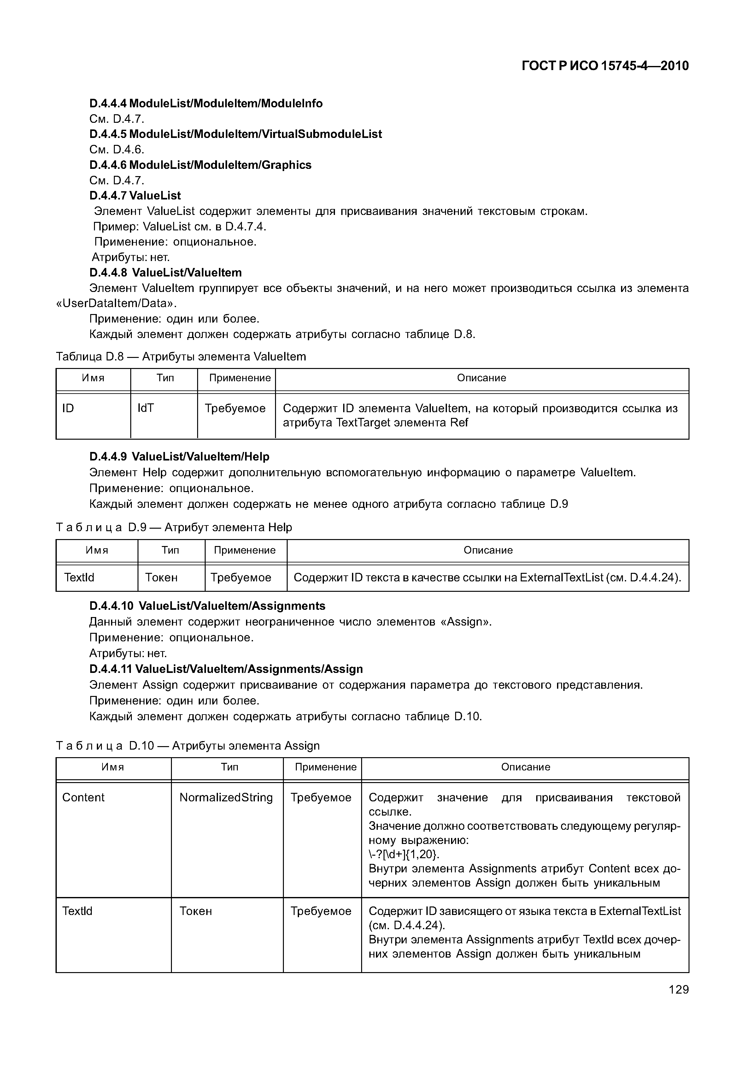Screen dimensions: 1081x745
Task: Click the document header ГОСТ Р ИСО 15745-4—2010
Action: pyautogui.click(x=605, y=66)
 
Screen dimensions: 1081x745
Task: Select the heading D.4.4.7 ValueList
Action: pyautogui.click(x=135, y=195)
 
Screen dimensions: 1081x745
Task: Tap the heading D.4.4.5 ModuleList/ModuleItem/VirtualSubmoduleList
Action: pyautogui.click(x=235, y=134)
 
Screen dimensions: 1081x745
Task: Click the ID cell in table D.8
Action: pyautogui.click(x=68, y=408)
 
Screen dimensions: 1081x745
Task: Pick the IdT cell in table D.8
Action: pyautogui.click(x=146, y=408)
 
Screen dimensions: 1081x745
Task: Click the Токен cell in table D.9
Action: pyautogui.click(x=161, y=577)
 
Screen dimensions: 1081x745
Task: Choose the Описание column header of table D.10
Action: pyautogui.click(x=525, y=767)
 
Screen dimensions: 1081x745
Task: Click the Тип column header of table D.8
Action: pyautogui.click(x=165, y=378)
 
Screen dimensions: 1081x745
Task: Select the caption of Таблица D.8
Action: pyautogui.click(x=181, y=357)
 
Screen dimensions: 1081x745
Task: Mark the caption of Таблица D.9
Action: pyautogui.click(x=174, y=527)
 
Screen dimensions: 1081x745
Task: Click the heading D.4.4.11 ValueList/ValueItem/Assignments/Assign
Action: pyautogui.click(x=226, y=669)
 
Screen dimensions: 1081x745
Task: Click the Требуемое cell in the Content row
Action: pyautogui.click(x=321, y=798)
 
